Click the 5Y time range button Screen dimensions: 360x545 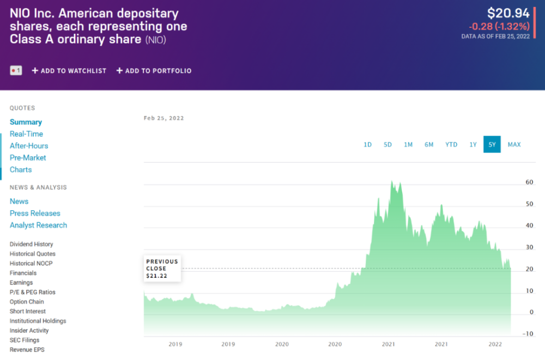tap(492, 144)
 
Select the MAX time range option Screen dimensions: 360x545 tap(514, 144)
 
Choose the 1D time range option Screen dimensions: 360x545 tap(367, 144)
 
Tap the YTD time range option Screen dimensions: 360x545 tap(451, 144)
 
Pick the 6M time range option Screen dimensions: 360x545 tap(429, 144)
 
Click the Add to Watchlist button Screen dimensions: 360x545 tap(69, 71)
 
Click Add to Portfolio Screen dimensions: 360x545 tap(154, 71)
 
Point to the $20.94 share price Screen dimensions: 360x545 tap(508, 14)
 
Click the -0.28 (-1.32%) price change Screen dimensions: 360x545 tap(499, 26)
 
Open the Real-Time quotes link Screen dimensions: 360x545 tap(26, 134)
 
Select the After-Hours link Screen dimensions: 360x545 tap(29, 146)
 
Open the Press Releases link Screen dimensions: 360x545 tap(35, 213)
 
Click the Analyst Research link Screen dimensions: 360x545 tap(38, 225)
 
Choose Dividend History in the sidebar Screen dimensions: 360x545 tap(31, 245)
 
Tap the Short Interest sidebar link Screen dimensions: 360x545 tap(28, 312)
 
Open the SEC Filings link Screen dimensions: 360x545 tap(25, 340)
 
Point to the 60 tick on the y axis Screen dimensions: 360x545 tap(529, 183)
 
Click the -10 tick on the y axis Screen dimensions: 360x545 tap(528, 334)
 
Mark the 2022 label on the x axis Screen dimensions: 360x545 tap(495, 344)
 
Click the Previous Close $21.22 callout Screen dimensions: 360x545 tap(162, 269)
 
